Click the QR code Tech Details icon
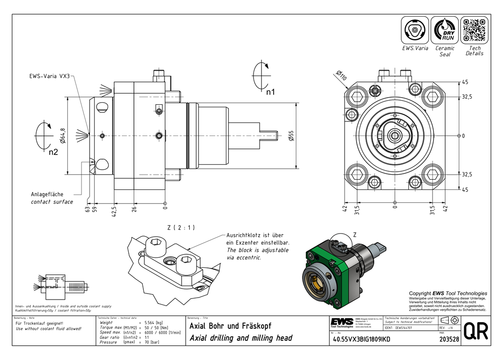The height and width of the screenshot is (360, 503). click(x=474, y=30)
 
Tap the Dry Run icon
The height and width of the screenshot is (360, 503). click(x=445, y=30)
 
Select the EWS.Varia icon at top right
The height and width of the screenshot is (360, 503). click(x=415, y=30)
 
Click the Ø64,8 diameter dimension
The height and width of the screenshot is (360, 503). click(x=63, y=135)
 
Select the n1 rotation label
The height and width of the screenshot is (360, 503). click(x=270, y=92)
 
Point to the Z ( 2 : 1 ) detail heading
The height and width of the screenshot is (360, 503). click(x=181, y=228)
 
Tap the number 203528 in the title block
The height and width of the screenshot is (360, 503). click(x=449, y=339)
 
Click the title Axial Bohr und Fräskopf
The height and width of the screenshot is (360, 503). click(x=230, y=325)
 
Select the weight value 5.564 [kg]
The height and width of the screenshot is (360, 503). click(x=154, y=322)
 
